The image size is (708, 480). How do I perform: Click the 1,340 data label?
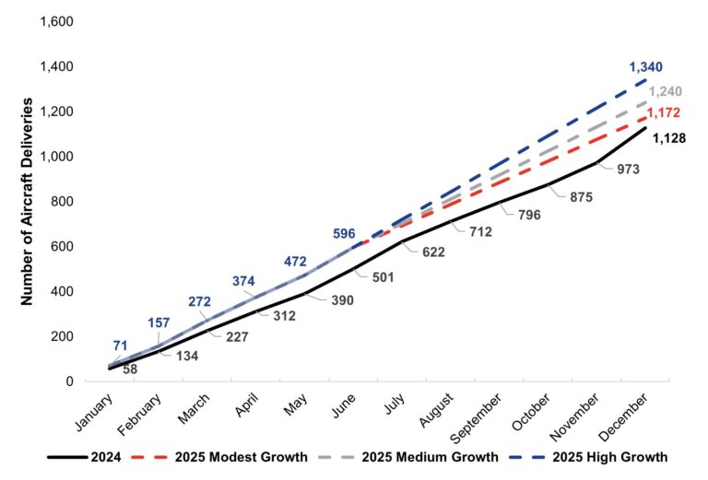(x=645, y=67)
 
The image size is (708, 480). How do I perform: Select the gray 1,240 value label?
(x=665, y=92)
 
